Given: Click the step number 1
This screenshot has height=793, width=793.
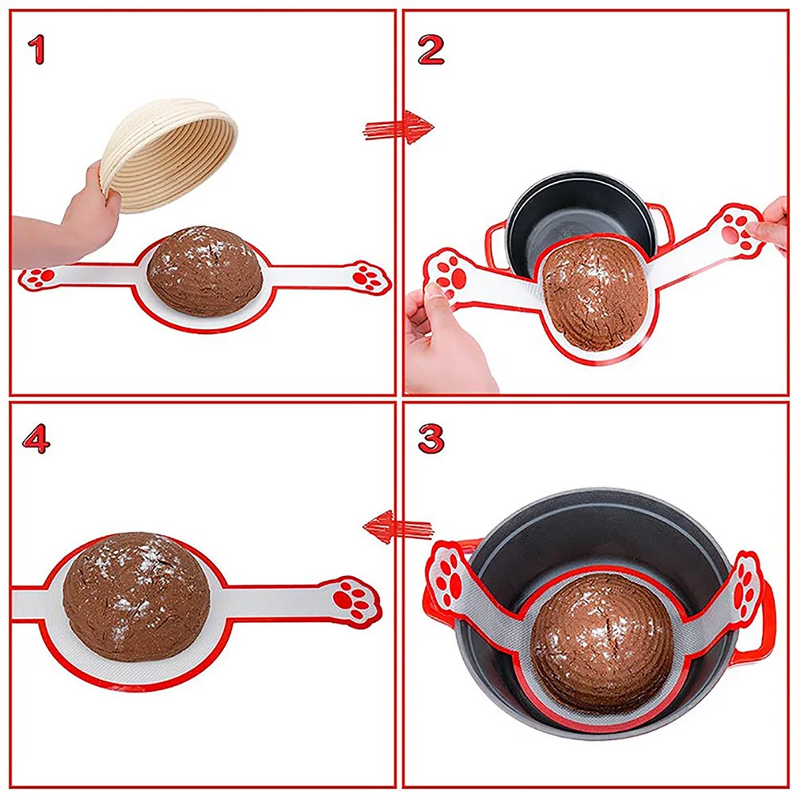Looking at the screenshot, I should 36,50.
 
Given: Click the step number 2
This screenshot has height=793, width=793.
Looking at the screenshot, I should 431,50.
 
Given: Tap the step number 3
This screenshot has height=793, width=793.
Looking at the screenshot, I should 431,438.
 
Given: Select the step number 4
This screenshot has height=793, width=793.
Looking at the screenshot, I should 36,440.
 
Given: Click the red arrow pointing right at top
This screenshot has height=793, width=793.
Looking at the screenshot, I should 398,127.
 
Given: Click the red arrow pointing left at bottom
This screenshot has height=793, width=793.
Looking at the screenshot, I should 398,526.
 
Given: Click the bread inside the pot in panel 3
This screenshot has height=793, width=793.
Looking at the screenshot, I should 602,640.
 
